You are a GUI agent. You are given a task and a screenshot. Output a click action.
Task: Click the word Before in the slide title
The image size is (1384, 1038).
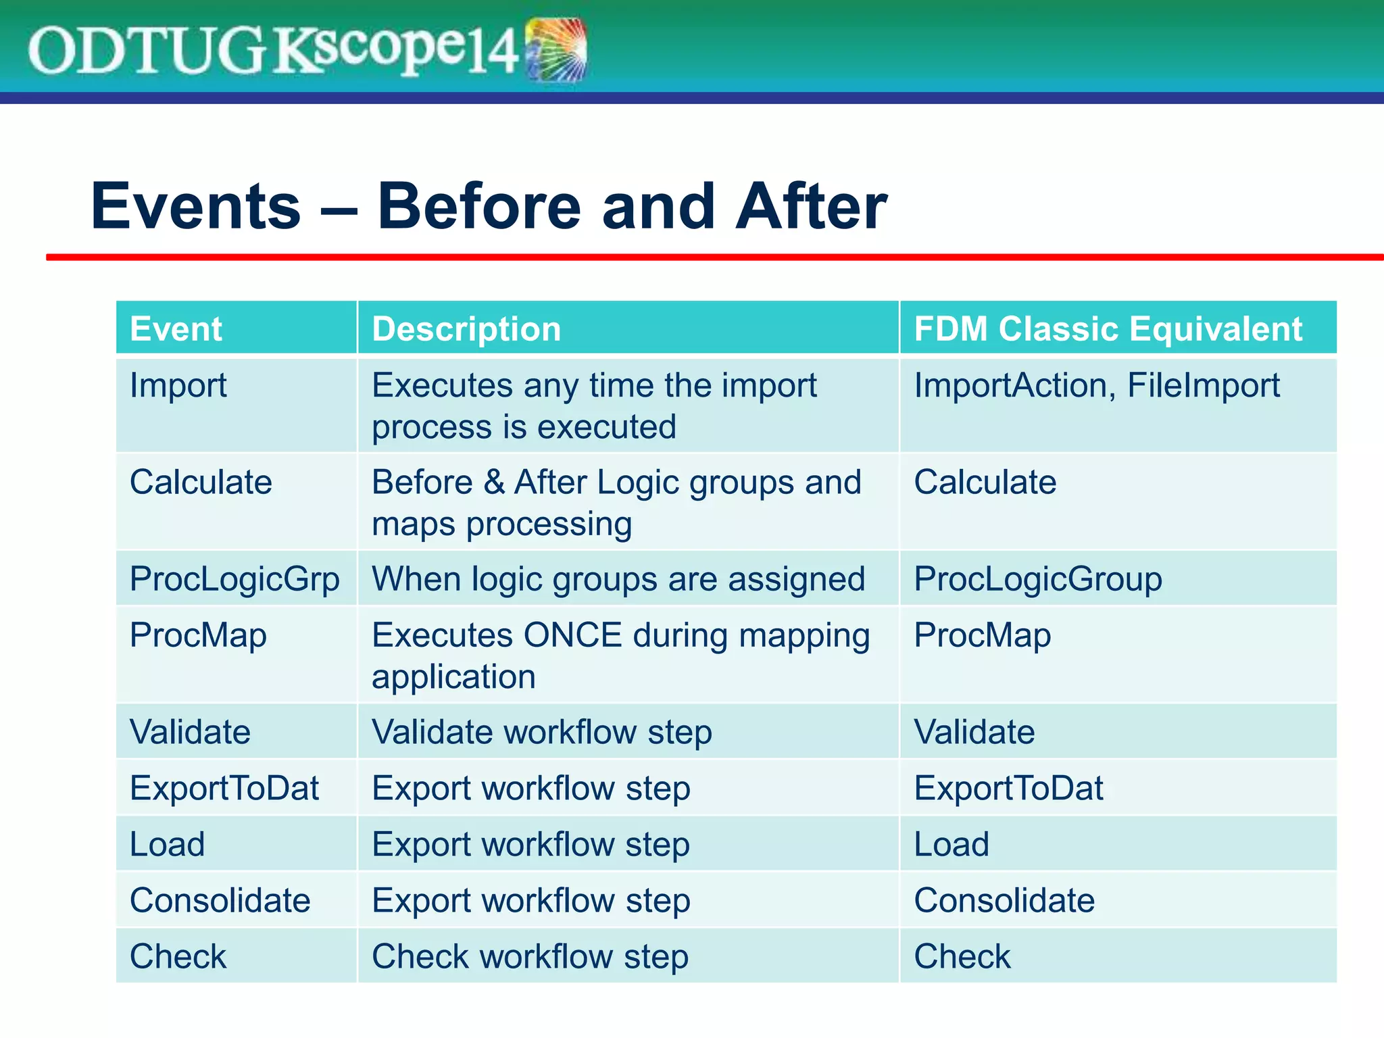pos(478,207)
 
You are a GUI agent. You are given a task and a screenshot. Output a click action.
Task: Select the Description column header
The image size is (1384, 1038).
pos(466,329)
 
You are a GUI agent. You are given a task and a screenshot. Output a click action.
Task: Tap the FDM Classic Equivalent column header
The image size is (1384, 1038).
pos(1108,329)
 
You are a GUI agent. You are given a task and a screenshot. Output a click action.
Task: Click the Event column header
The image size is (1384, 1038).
pos(176,329)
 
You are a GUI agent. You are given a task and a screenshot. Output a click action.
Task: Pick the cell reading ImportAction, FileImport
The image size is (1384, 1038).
pos(1096,386)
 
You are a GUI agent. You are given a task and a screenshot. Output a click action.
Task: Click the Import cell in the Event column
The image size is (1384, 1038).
pos(178,386)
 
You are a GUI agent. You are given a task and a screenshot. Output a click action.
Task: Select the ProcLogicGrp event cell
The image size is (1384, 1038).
pos(234,579)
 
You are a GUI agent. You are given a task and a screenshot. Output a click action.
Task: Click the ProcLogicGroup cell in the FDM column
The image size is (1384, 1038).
pos(1037,579)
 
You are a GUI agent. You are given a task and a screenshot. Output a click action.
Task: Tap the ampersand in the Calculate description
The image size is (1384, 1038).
pos(494,483)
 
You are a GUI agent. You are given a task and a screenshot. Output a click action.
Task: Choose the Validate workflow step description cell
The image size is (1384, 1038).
pos(541,733)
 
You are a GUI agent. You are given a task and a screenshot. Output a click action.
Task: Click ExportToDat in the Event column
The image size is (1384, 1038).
pos(224,789)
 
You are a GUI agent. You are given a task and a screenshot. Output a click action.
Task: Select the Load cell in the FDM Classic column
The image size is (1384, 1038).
pos(951,845)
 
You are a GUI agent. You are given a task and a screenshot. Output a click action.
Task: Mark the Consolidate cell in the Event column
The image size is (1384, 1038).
pos(220,901)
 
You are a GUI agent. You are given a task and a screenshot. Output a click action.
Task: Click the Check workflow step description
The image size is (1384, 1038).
pos(530,957)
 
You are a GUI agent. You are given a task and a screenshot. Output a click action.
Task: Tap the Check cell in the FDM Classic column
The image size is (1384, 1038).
pos(962,957)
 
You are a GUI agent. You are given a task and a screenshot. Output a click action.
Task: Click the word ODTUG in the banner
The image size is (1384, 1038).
pos(145,51)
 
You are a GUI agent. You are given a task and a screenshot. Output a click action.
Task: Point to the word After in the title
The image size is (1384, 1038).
pos(811,207)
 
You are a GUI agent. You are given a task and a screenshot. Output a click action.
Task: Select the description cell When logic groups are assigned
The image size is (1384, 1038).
pos(618,579)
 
